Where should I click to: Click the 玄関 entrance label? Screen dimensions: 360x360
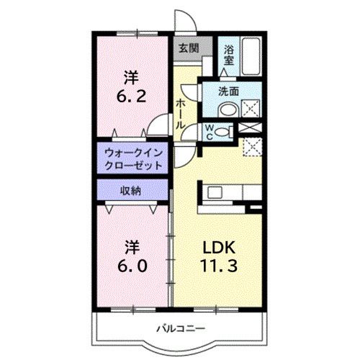(189, 48)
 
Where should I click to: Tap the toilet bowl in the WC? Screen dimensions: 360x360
(226, 132)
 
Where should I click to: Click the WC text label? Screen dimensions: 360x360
(209, 132)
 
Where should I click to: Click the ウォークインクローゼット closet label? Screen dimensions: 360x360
(132, 159)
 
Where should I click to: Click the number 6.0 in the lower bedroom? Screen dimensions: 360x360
(133, 265)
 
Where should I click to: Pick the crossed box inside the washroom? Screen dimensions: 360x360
(251, 109)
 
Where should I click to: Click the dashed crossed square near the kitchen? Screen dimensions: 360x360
(253, 147)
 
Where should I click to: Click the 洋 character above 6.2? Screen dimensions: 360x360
(132, 76)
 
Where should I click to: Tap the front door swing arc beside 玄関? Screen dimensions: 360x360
(183, 19)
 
